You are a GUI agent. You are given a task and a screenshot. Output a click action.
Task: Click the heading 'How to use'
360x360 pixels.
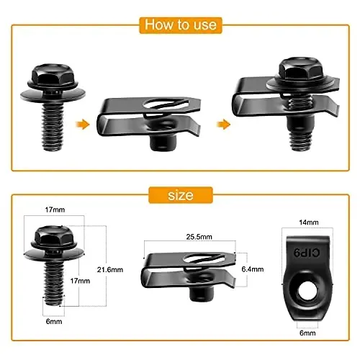180,24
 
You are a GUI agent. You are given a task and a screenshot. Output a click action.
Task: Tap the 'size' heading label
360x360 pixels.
180,196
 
